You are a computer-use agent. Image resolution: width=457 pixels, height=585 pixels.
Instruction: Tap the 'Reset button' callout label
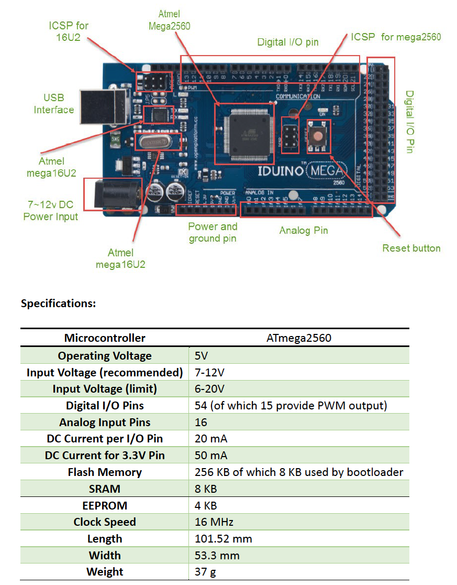411,248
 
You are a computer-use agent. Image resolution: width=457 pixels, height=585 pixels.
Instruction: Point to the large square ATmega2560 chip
244,133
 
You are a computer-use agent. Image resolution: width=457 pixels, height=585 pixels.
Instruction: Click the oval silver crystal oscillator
159,142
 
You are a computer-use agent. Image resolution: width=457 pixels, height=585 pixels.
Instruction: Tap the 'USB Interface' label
54,104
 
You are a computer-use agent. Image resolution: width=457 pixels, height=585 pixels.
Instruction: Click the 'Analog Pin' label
304,230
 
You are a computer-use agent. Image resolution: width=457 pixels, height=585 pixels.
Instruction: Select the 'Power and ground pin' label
213,232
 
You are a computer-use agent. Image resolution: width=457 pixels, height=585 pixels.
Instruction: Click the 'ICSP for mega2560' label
396,37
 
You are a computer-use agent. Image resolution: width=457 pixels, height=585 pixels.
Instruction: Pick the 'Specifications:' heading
59,304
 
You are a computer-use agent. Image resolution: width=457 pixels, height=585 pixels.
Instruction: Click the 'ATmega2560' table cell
298,338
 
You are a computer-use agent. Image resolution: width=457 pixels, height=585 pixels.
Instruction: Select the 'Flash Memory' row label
105,472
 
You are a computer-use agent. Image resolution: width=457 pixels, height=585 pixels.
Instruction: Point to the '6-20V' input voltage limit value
210,389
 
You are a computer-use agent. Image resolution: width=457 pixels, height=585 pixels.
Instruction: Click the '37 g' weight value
205,572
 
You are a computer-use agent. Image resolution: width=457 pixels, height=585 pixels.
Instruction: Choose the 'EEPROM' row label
105,505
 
